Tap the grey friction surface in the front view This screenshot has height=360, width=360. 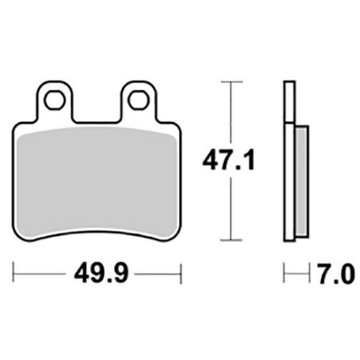coord(98,175)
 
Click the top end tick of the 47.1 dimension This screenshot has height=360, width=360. coord(230,81)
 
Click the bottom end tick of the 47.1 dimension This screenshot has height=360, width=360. coord(230,239)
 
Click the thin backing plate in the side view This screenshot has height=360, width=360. coord(288,159)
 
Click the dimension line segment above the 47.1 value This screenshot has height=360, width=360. coord(230,112)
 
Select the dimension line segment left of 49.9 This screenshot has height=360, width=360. coord(40,276)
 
